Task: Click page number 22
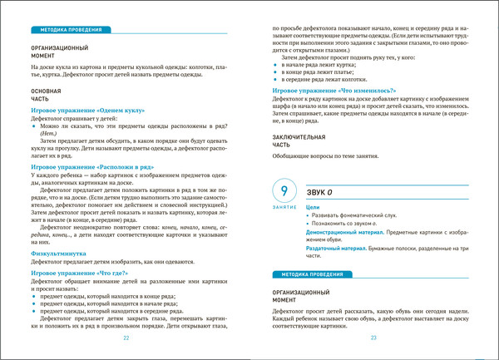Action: pyautogui.click(x=126, y=338)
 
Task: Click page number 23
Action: pyautogui.click(x=373, y=338)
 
